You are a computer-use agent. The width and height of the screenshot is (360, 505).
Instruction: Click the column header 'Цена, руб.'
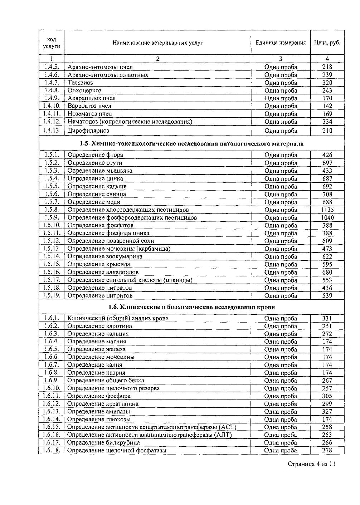click(x=327, y=43)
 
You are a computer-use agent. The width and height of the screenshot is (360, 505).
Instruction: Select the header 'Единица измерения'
click(x=281, y=43)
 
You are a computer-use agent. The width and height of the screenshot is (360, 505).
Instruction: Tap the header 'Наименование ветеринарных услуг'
click(x=157, y=43)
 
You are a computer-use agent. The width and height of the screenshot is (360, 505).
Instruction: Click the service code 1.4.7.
click(x=52, y=83)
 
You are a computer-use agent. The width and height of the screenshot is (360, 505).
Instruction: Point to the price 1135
click(x=327, y=210)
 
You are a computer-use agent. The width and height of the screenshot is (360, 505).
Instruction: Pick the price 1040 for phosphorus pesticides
click(x=327, y=218)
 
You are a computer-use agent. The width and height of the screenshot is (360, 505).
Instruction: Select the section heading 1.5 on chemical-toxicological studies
click(x=192, y=144)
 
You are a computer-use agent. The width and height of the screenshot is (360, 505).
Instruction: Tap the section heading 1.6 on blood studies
click(x=192, y=307)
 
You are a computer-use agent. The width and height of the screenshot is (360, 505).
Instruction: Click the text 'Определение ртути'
click(x=95, y=163)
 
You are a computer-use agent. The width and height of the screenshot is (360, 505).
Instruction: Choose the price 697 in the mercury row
click(x=327, y=163)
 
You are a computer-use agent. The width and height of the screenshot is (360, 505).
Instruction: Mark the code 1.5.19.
click(x=52, y=295)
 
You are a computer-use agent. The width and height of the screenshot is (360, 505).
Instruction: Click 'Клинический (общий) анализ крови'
click(x=118, y=318)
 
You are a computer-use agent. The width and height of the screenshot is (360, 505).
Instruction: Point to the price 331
click(x=327, y=318)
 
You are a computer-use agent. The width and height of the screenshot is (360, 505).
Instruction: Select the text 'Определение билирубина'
click(x=103, y=443)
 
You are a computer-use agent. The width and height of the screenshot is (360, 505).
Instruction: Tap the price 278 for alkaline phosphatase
click(x=327, y=451)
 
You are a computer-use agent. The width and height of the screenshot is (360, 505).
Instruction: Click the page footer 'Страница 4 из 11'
click(x=311, y=464)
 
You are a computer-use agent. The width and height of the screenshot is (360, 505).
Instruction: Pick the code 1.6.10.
click(x=52, y=388)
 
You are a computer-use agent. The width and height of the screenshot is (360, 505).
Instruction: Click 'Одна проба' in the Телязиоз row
click(x=281, y=83)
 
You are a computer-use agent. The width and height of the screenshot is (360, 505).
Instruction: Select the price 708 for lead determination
click(x=327, y=194)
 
